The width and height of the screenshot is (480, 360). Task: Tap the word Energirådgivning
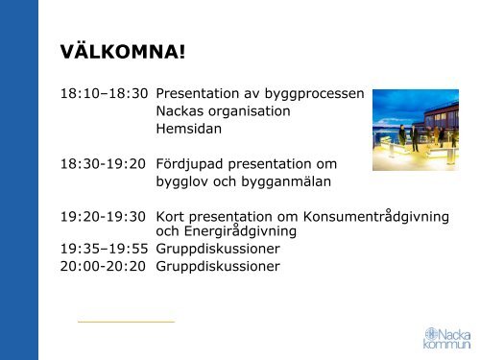[x=235, y=231]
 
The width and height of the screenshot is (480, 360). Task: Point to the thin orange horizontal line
[x=126, y=321]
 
